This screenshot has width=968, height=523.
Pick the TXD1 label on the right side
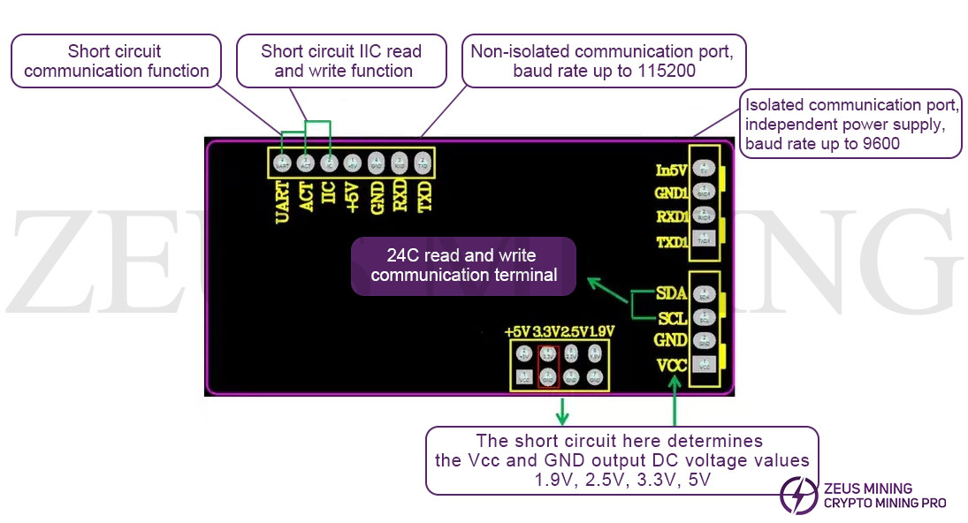pyautogui.click(x=671, y=241)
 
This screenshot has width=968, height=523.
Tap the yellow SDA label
pyautogui.click(x=672, y=293)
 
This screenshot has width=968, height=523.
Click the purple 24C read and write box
pyautogui.click(x=463, y=265)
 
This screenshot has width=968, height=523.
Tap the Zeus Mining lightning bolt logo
pyautogui.click(x=799, y=495)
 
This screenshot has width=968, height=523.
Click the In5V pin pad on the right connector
pyautogui.click(x=705, y=169)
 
